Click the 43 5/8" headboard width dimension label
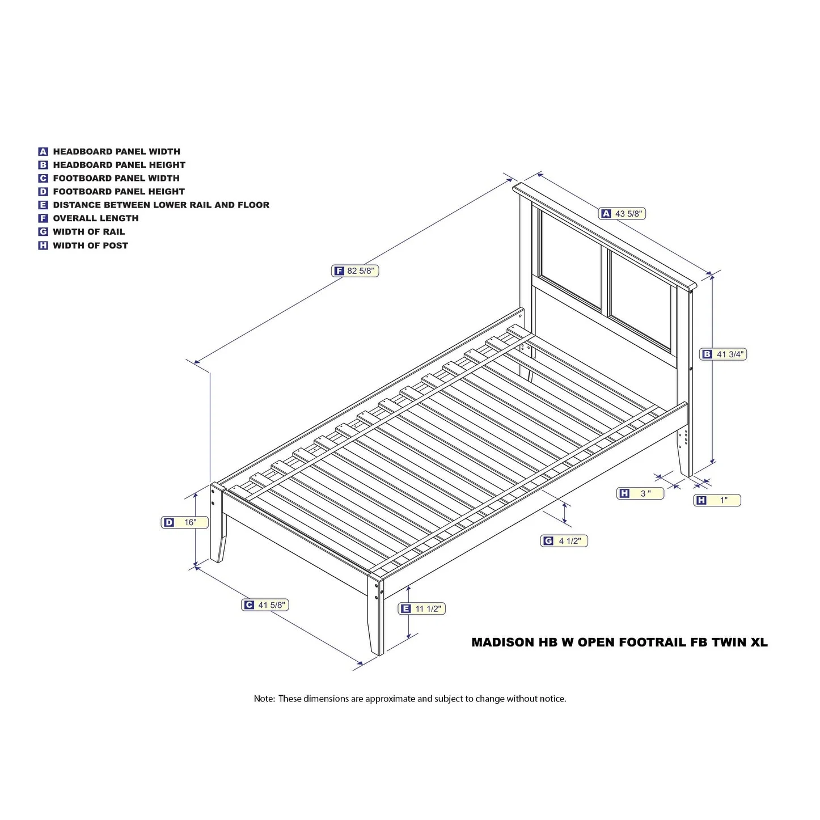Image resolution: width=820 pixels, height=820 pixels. tap(622, 214)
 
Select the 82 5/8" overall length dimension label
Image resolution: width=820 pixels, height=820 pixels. tap(355, 270)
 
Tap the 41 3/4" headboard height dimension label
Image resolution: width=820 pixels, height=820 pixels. tap(723, 354)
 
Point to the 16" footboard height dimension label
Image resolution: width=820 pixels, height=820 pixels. tap(184, 522)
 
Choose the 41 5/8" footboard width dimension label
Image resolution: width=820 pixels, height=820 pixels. tap(265, 605)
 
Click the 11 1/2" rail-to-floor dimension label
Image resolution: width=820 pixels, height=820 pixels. tap(421, 608)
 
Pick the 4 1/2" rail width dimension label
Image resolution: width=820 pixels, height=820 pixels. tap(564, 540)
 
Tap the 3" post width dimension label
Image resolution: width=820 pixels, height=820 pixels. tap(640, 493)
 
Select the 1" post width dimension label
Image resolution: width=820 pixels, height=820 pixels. tap(717, 500)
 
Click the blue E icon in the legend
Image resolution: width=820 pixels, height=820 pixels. tap(43, 205)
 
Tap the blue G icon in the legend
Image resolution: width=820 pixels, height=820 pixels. tap(43, 232)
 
